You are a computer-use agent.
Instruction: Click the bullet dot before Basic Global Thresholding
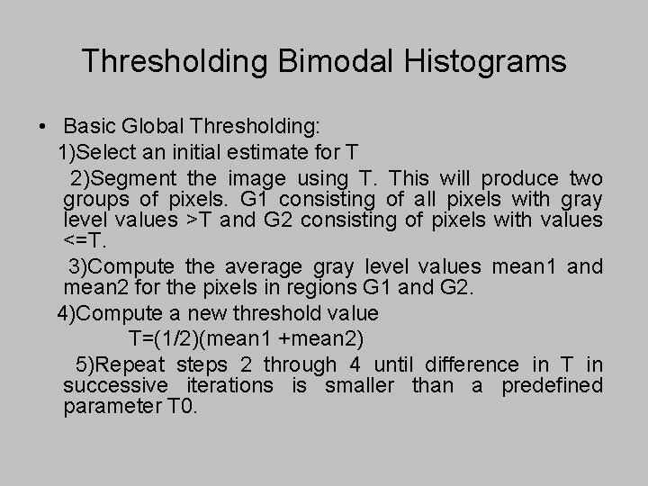tap(42, 123)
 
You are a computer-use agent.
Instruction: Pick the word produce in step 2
tap(521, 177)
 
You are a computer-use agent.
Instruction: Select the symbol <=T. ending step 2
tap(83, 241)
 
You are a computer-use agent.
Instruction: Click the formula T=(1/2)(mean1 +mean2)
tap(246, 337)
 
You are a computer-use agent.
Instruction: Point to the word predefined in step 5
tap(552, 385)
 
